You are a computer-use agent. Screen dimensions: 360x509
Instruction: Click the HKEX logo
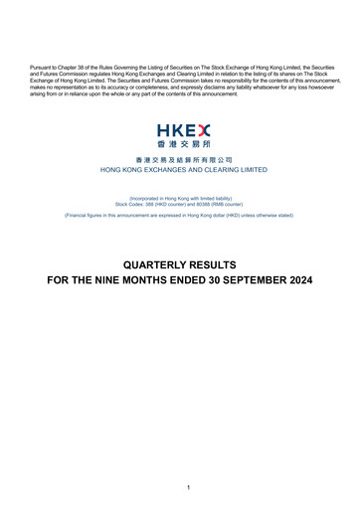[x=180, y=135]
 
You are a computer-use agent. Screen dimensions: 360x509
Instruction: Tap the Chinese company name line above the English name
[x=180, y=159]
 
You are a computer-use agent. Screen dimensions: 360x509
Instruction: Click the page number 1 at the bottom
[x=180, y=486]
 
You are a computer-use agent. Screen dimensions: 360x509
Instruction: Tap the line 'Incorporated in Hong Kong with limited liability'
[x=180, y=197]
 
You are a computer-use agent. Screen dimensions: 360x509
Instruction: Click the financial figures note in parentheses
[x=180, y=215]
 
